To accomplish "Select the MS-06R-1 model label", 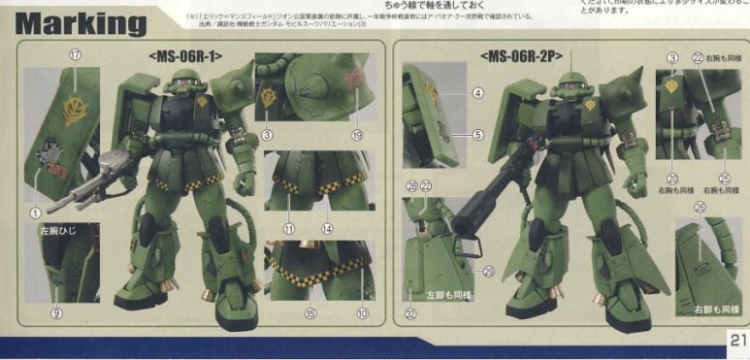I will click(x=187, y=55).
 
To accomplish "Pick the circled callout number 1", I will click(x=35, y=212).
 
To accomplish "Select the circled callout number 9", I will click(x=56, y=312).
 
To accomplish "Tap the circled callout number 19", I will click(x=356, y=135).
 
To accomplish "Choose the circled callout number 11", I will click(x=288, y=228).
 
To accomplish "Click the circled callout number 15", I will click(x=310, y=312).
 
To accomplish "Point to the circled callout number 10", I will click(x=363, y=312).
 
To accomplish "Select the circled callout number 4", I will click(x=478, y=93).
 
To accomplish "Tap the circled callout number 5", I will click(x=478, y=135).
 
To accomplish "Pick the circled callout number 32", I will click(x=410, y=312).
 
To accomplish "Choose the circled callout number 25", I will click(x=724, y=178).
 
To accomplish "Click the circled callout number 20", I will click(x=671, y=178).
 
